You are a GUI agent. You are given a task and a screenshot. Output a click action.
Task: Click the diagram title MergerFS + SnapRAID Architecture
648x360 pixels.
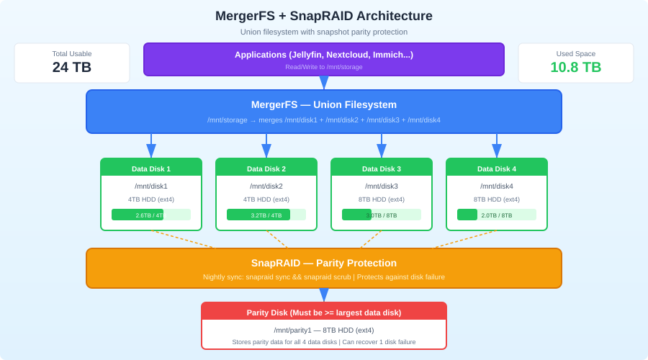pos(324,16)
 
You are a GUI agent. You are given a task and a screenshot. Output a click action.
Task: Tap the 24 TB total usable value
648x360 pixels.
pos(72,67)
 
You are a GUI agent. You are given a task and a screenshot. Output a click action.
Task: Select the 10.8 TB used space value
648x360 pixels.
pos(576,67)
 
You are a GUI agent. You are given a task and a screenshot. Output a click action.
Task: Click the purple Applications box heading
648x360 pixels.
pos(324,55)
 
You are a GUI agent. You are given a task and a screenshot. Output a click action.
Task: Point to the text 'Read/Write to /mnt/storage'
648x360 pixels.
pos(324,67)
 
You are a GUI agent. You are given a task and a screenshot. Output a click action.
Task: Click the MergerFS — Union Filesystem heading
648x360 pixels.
pos(324,104)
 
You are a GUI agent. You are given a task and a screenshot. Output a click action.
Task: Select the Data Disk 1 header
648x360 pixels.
pos(151,168)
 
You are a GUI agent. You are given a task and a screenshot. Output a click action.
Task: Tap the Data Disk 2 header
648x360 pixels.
pos(266,168)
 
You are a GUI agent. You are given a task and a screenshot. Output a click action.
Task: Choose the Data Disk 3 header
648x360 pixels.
pos(382,168)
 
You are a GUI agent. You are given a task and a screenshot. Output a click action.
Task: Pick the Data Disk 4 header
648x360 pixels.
pos(497,168)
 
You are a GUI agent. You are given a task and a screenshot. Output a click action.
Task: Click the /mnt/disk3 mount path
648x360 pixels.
pos(382,186)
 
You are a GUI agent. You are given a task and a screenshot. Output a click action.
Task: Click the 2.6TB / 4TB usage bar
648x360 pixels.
pos(151,215)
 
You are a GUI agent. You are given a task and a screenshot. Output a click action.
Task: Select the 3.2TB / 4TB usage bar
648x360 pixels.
pos(266,215)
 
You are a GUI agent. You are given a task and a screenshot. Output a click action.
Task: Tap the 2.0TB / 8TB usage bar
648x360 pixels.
pos(497,215)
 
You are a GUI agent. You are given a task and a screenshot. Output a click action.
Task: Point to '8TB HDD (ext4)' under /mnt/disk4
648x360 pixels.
pos(497,199)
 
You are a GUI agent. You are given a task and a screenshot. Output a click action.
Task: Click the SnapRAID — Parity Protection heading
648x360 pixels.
pos(324,263)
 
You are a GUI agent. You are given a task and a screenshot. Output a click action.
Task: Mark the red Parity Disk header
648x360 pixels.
pos(324,312)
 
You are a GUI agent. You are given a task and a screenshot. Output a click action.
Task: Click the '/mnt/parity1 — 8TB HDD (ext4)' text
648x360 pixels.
pos(324,330)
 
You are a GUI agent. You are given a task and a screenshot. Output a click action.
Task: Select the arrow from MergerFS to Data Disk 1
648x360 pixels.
pos(151,146)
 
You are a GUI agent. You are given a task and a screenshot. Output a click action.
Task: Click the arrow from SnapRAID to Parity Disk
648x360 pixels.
pos(324,295)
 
